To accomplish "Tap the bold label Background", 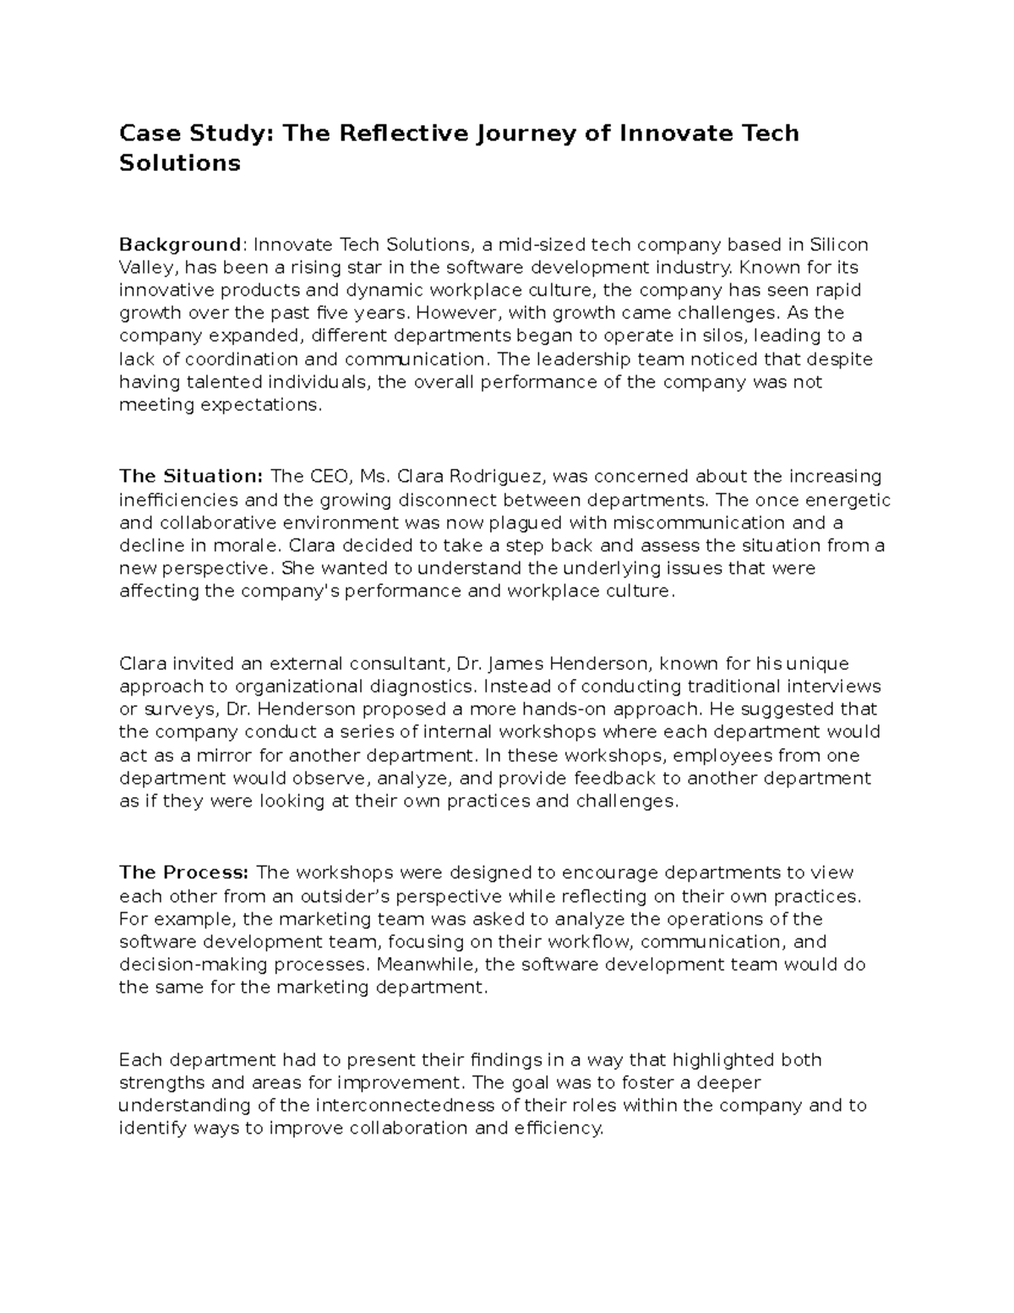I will coord(180,244).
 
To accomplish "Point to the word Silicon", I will coord(839,244).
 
